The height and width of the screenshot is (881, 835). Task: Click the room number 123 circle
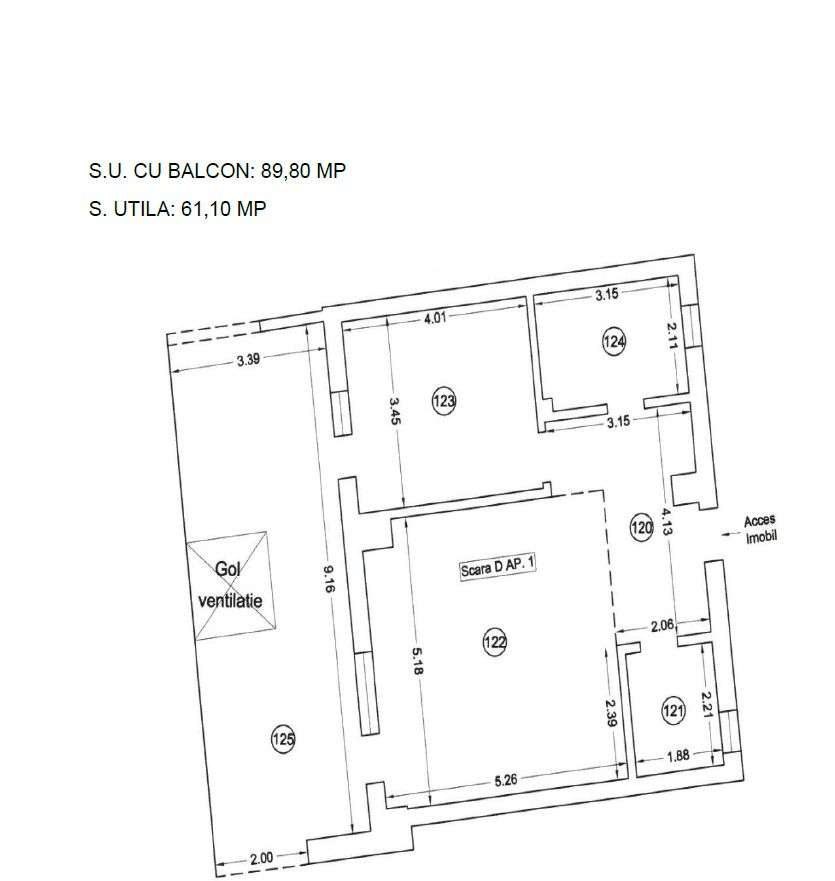[x=444, y=402]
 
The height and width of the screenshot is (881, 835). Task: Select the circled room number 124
[x=614, y=342]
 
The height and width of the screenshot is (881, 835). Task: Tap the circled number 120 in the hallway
[x=641, y=526]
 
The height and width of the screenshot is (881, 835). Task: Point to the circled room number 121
[x=673, y=711]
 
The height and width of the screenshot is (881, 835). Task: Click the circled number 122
[x=494, y=643]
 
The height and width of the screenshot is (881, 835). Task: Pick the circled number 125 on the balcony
[x=283, y=740]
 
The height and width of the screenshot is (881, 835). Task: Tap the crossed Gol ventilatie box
[x=232, y=585]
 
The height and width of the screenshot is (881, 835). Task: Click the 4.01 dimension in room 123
[x=435, y=318]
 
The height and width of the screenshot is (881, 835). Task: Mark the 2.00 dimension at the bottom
[x=262, y=857]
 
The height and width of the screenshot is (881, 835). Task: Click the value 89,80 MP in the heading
[x=303, y=171]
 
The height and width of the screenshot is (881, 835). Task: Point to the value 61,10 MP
[x=223, y=209]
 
